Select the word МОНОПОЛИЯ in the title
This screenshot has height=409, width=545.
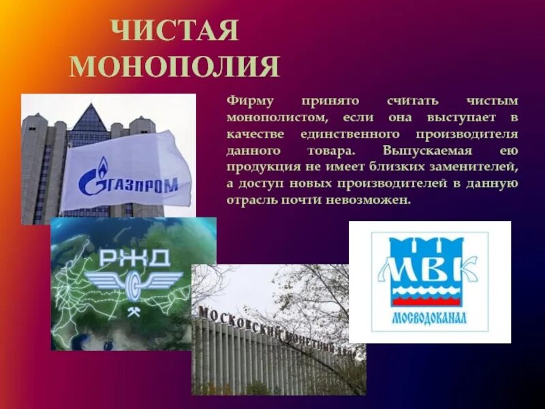pyautogui.click(x=174, y=67)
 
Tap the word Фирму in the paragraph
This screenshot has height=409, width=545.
pyautogui.click(x=250, y=101)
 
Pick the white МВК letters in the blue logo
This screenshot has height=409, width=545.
pyautogui.click(x=429, y=269)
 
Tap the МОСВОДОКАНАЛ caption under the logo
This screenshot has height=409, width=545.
pyautogui.click(x=429, y=318)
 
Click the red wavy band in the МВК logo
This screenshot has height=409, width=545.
pyautogui.click(x=429, y=297)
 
